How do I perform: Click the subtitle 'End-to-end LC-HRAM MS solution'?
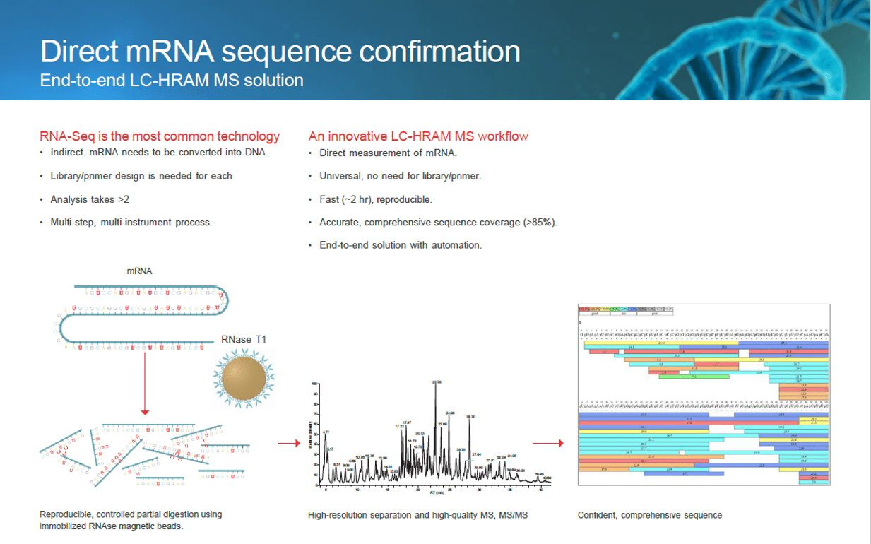pyautogui.click(x=172, y=80)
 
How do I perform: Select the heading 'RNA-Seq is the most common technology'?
pyautogui.click(x=160, y=136)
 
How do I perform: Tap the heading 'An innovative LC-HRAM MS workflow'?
pyautogui.click(x=418, y=136)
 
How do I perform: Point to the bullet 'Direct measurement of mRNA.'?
pyautogui.click(x=388, y=153)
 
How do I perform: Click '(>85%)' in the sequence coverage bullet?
pyautogui.click(x=540, y=223)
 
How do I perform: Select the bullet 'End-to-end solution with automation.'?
pyautogui.click(x=401, y=245)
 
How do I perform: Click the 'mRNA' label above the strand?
pyautogui.click(x=139, y=271)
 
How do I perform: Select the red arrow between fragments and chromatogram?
pyautogui.click(x=285, y=444)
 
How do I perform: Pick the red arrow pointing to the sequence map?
pyautogui.click(x=547, y=444)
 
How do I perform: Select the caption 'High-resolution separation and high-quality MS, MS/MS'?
pyautogui.click(x=417, y=515)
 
